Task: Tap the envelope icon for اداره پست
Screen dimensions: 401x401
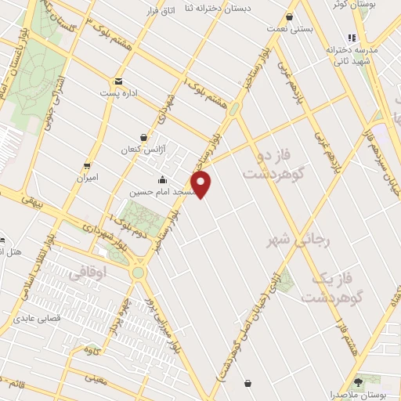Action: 118,81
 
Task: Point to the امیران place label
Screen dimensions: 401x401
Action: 87,178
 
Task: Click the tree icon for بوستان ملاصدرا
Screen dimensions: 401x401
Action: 358,382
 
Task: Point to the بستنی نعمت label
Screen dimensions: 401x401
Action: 291,30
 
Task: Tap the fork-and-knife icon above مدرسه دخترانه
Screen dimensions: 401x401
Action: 352,38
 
